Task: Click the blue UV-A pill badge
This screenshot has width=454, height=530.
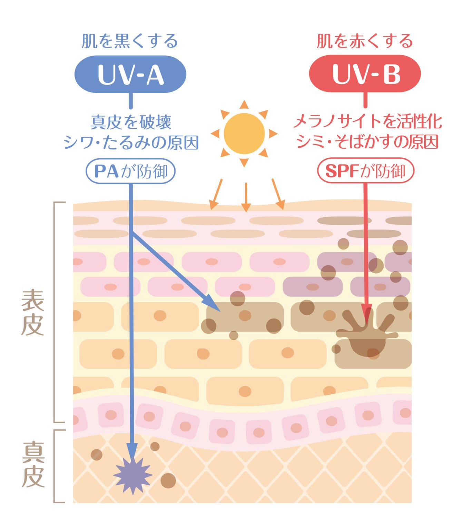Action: coord(130,74)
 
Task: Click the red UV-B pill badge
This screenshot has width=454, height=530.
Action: coord(365,73)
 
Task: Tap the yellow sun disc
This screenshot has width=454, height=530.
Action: coord(244,134)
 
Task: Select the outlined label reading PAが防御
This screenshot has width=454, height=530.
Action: coord(130,171)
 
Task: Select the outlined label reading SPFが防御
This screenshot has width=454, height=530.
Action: coord(366,170)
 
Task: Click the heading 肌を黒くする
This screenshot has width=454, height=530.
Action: coord(129,41)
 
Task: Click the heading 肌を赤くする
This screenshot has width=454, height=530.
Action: coord(365,41)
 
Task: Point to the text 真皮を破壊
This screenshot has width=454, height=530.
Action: coord(131,122)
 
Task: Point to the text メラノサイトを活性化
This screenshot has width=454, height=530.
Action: coord(368,121)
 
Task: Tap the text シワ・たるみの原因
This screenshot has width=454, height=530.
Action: coord(131,142)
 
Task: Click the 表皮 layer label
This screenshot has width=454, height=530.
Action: coord(32,313)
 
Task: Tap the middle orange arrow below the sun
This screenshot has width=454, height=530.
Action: coord(246,197)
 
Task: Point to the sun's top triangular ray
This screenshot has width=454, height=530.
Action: coord(244,104)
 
